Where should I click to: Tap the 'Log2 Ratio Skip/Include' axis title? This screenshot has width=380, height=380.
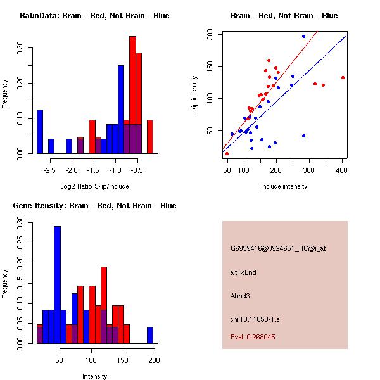[x=94, y=186]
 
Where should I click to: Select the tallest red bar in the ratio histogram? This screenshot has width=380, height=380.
[x=132, y=95]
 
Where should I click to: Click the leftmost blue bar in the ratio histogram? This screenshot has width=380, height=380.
[x=40, y=131]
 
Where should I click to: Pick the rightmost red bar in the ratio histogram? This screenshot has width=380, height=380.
[x=150, y=136]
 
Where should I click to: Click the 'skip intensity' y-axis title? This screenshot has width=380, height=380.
[x=195, y=95]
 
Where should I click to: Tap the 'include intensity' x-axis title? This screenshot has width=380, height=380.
[x=284, y=186]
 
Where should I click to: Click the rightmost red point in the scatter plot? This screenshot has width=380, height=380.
[x=343, y=77]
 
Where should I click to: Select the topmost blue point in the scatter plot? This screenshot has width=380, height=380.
[x=303, y=37]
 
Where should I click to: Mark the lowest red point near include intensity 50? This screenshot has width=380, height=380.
[x=227, y=153]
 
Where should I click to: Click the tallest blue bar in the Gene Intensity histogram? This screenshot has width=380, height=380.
[x=57, y=285]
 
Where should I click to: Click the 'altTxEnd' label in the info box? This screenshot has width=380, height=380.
[x=243, y=272]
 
